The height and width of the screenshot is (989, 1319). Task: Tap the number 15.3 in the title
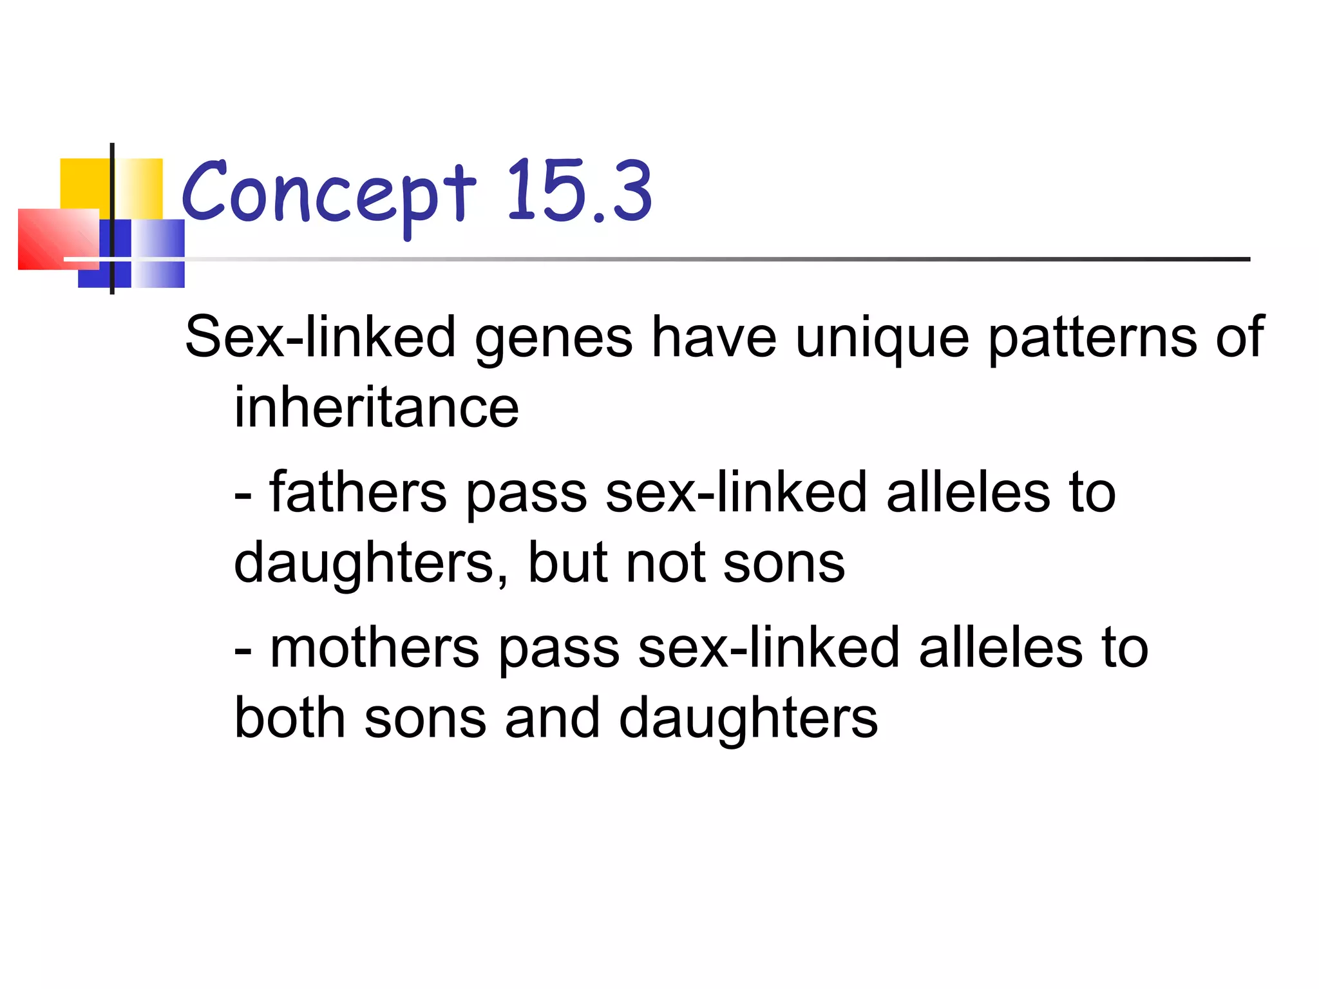pyautogui.click(x=580, y=192)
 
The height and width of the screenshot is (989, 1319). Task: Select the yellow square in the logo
pyautogui.click(x=87, y=184)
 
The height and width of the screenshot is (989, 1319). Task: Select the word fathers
pyautogui.click(x=358, y=492)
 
